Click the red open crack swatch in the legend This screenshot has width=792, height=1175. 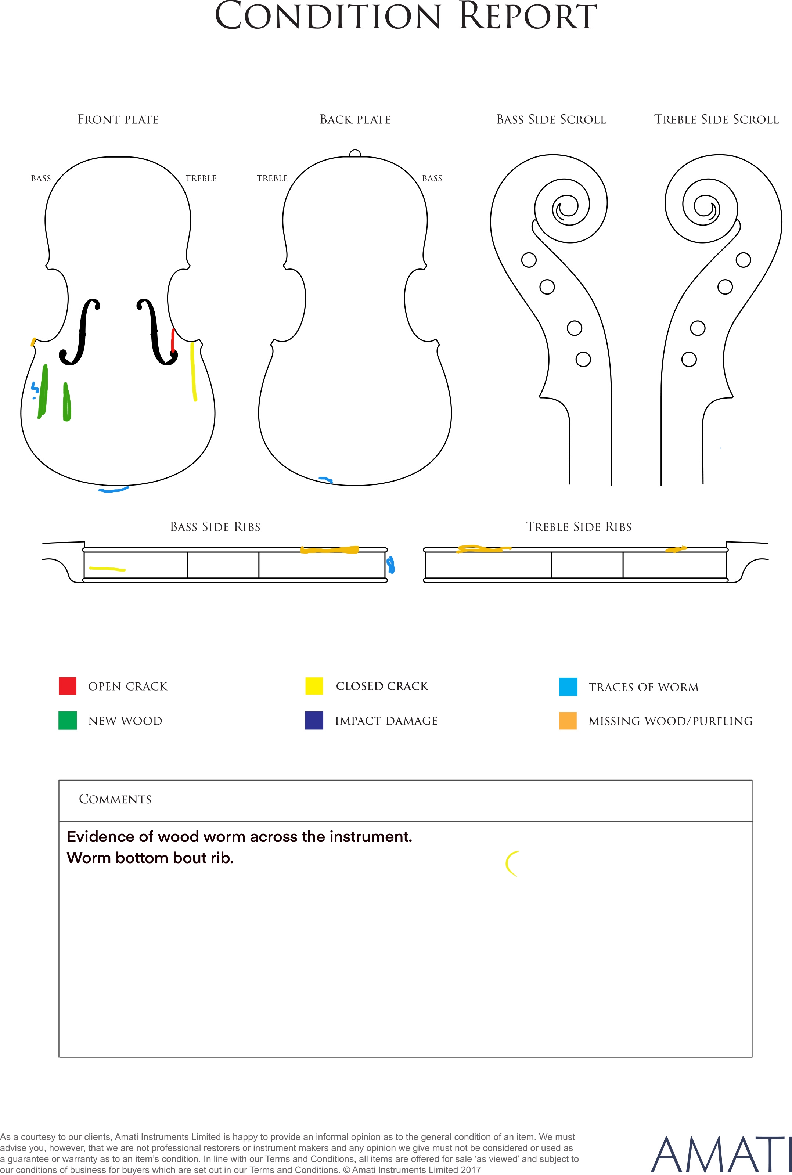coord(68,686)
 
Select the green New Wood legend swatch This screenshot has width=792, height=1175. coord(68,721)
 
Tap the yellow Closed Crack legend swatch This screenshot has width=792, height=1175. coord(314,686)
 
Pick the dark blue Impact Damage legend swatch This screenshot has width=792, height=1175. coord(314,721)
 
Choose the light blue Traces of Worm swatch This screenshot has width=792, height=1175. coord(568,687)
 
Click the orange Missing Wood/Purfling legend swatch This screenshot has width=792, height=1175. coord(568,721)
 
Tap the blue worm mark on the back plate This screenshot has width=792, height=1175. coord(326,479)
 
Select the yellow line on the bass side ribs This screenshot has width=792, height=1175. coord(108,569)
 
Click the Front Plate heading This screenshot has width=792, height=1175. coord(118,120)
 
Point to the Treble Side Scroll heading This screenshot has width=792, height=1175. coord(717,120)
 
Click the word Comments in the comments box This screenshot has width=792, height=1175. coord(115,799)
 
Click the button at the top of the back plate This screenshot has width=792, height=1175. coord(355,154)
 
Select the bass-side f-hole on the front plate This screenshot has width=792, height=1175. coord(80,332)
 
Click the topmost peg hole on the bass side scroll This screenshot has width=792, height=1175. coord(529,260)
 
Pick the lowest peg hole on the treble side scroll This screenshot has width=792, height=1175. coord(689,360)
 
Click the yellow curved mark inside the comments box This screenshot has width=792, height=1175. coord(512,864)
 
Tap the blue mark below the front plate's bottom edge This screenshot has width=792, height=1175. coord(114,490)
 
